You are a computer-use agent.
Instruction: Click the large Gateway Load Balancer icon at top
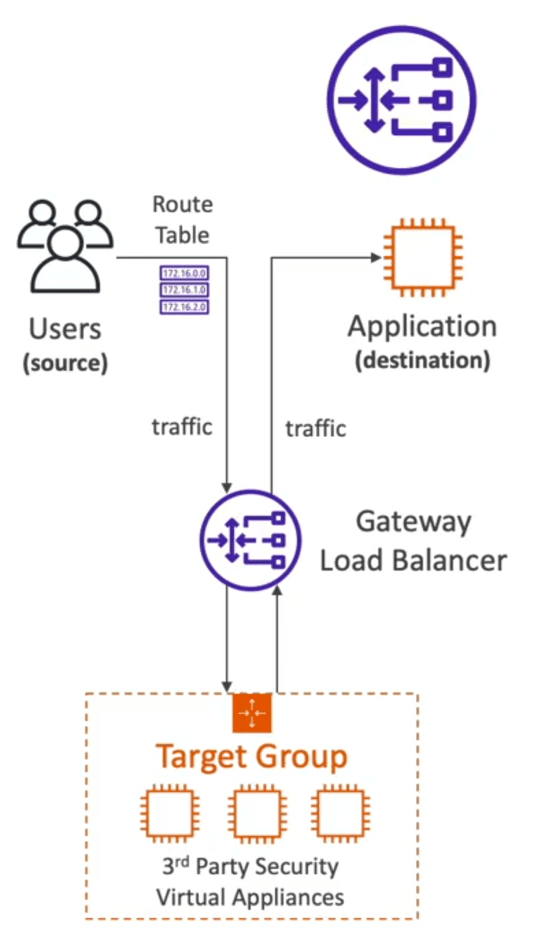click(402, 100)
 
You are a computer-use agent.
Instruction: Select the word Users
click(65, 329)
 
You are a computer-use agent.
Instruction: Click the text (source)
click(65, 363)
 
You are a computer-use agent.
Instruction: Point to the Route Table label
click(183, 220)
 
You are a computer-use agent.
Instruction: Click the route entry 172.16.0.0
click(184, 274)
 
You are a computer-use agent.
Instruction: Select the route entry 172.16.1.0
click(184, 290)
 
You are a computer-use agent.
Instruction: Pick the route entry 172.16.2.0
click(184, 307)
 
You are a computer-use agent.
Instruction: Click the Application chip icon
click(423, 257)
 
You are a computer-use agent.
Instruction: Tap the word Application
click(422, 328)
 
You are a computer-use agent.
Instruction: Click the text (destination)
click(422, 361)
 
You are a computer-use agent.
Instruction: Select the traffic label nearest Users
click(182, 427)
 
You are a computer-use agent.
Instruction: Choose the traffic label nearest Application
click(316, 428)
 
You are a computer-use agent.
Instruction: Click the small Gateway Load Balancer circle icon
click(251, 540)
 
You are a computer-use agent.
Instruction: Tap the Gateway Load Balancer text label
click(414, 541)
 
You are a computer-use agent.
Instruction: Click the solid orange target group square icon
click(252, 713)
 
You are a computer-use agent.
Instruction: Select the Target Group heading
click(251, 757)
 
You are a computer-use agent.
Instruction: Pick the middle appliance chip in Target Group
click(257, 813)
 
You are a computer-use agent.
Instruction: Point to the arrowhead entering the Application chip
click(376, 257)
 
